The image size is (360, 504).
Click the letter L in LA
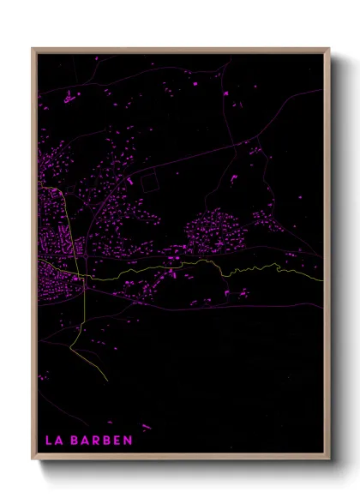(x=48, y=441)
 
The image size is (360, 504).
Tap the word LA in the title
(x=54, y=441)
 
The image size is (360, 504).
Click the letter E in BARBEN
(x=119, y=441)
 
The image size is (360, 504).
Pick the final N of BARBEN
(x=129, y=441)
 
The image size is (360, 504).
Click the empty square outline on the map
(x=150, y=181)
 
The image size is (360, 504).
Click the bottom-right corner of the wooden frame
(x=329, y=460)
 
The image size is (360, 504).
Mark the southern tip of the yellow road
(x=107, y=381)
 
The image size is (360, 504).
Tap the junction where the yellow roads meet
(x=87, y=279)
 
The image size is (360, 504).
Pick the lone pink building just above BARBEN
(x=146, y=426)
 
